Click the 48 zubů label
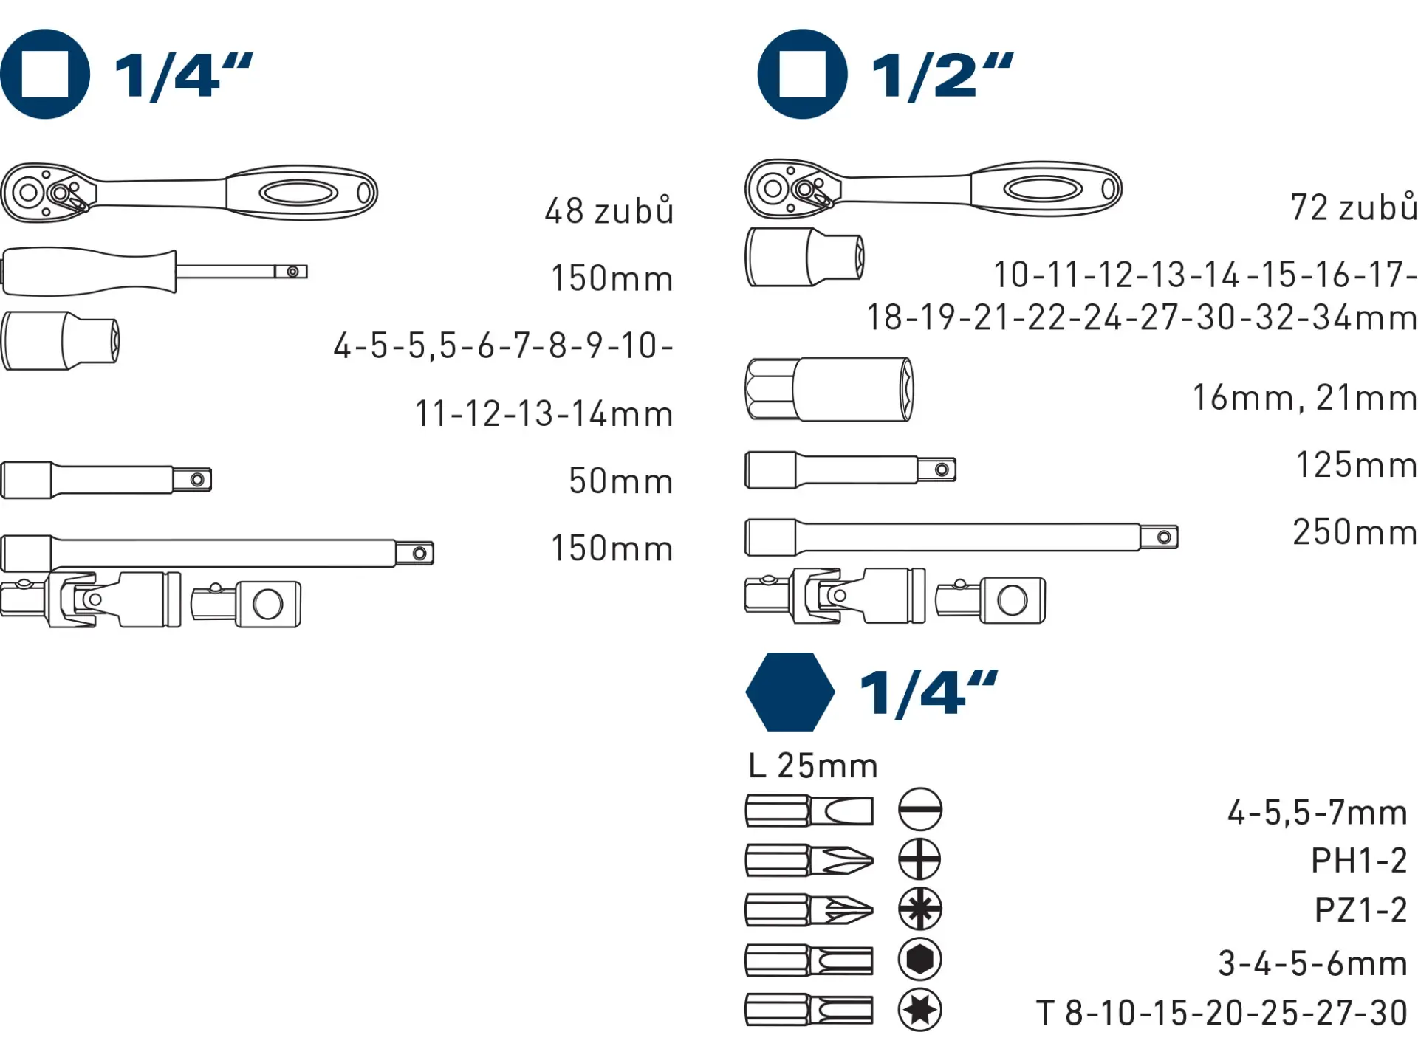point(609,211)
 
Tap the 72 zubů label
point(1353,207)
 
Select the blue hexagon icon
point(790,692)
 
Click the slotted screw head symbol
point(919,810)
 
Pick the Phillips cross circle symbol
point(919,859)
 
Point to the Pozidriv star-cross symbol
point(919,909)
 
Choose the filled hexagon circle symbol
point(919,959)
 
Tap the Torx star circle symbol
point(919,1009)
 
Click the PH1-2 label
point(1359,861)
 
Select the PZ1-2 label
point(1360,910)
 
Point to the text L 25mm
point(812,766)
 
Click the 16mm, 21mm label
point(1304,398)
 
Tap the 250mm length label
point(1354,532)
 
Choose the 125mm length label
point(1356,465)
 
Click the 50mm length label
point(620,481)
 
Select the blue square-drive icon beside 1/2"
point(802,74)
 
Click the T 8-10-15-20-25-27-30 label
point(1222,1013)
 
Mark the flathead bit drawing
point(809,811)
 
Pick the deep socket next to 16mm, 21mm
point(829,390)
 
